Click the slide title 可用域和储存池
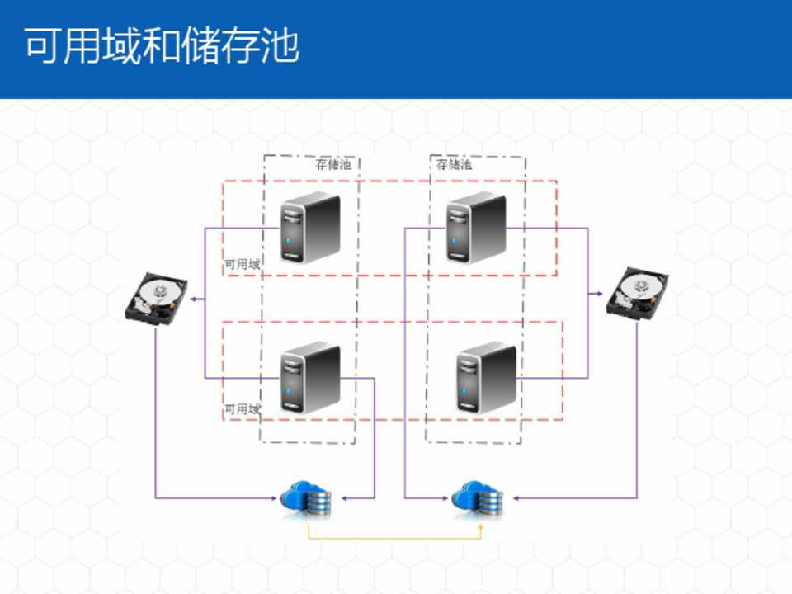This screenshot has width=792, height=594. (x=161, y=47)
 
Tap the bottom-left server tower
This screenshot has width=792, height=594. (x=309, y=379)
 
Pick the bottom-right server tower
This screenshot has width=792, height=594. (x=486, y=377)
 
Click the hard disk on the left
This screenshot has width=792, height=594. (x=156, y=299)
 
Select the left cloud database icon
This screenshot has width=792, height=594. (x=306, y=498)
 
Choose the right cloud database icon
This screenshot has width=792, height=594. (x=478, y=498)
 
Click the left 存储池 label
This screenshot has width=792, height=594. (x=333, y=164)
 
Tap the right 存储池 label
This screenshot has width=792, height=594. (x=454, y=164)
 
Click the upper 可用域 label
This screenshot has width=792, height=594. (x=243, y=265)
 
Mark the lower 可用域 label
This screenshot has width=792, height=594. (x=243, y=409)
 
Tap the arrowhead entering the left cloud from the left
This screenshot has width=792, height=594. (x=276, y=498)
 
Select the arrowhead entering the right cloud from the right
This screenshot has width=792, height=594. (x=515, y=498)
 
